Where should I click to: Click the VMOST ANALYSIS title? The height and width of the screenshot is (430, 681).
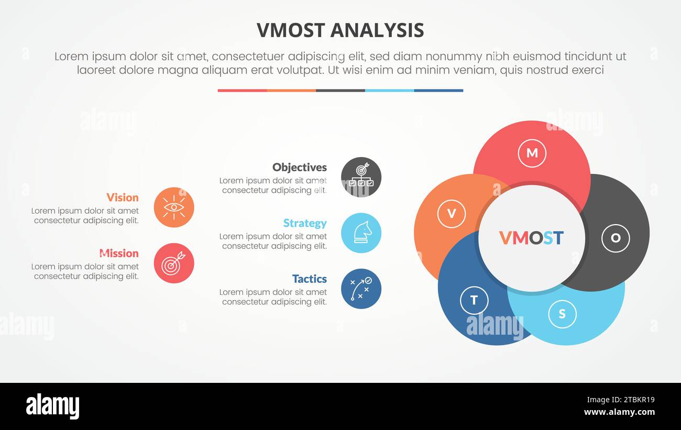click(x=340, y=30)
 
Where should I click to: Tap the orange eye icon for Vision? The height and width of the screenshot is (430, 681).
click(x=174, y=207)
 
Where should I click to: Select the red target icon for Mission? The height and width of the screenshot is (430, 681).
click(x=174, y=263)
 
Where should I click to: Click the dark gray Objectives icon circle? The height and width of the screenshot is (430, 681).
click(x=361, y=177)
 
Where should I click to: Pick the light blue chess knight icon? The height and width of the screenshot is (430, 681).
click(x=361, y=233)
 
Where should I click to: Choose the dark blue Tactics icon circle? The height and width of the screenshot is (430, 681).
click(x=361, y=289)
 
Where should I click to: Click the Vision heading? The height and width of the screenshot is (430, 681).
click(x=123, y=197)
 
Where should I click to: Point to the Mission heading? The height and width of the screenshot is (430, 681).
click(x=119, y=253)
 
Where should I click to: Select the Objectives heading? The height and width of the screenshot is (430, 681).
click(x=300, y=168)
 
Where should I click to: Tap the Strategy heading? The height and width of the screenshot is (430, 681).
click(x=305, y=223)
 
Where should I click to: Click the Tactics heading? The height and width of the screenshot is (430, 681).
click(x=309, y=279)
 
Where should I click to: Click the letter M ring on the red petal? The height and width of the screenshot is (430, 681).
click(x=532, y=153)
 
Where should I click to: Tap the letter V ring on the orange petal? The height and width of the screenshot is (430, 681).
click(x=451, y=214)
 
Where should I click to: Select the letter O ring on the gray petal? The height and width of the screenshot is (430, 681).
click(x=616, y=238)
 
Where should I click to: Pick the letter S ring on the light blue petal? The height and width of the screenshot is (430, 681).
click(x=562, y=314)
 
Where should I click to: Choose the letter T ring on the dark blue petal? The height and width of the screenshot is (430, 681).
click(x=474, y=300)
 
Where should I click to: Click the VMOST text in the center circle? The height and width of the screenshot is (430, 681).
click(x=531, y=238)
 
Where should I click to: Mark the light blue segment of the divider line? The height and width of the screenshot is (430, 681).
click(x=389, y=91)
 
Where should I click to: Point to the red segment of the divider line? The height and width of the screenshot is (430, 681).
click(x=242, y=91)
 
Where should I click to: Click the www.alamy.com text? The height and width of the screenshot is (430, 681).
click(x=619, y=412)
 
